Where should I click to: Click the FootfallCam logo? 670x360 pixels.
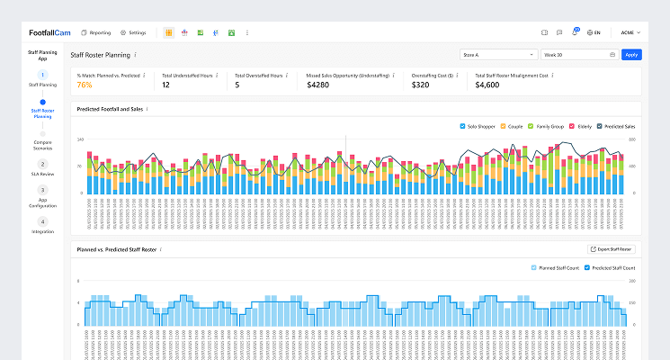pos(49,32)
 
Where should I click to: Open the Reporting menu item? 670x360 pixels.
pos(96,32)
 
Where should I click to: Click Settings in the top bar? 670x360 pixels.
pos(133,32)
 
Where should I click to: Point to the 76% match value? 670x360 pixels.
pos(85,85)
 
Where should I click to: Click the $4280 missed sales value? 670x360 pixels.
pos(319,85)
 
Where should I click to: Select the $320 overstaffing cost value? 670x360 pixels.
pos(421,85)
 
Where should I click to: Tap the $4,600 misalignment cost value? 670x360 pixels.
pos(488,85)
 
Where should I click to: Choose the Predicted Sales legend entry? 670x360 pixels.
pos(617,125)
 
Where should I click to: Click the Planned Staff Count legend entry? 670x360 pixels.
pos(556,268)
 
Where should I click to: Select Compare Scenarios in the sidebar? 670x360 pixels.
pos(42,144)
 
